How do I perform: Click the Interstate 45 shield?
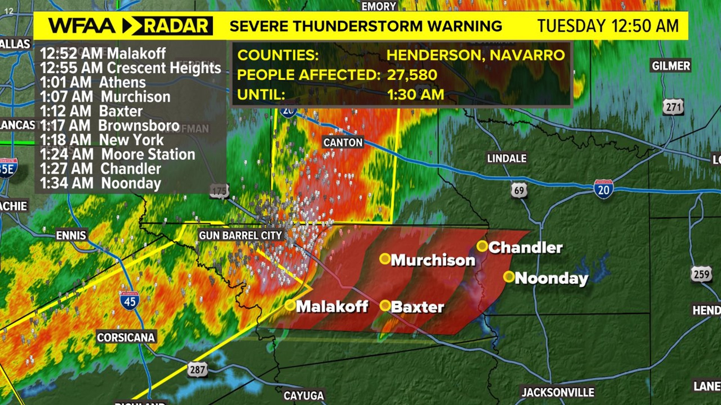[x=130, y=301]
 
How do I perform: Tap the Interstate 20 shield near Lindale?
[x=603, y=189]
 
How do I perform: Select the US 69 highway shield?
[x=519, y=190]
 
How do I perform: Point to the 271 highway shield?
[x=673, y=107]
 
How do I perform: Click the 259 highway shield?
[x=701, y=274]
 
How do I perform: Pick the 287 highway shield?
[x=198, y=370]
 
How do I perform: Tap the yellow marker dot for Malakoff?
[x=290, y=305]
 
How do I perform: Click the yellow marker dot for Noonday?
[x=509, y=277]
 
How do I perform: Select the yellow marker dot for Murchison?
[x=385, y=259]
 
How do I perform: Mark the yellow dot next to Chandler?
[x=482, y=246]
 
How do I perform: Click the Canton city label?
[x=343, y=142]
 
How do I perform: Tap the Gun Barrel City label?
[x=240, y=235]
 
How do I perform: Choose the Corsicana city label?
[x=126, y=337]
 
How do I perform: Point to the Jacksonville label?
[x=558, y=392]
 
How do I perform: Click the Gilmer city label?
[x=671, y=66]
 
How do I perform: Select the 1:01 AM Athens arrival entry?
[x=93, y=82]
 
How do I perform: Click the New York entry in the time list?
[x=102, y=140]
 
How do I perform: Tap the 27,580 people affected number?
[x=412, y=75]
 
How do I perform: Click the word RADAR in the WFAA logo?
[x=176, y=26]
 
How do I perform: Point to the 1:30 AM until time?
[x=415, y=94]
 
